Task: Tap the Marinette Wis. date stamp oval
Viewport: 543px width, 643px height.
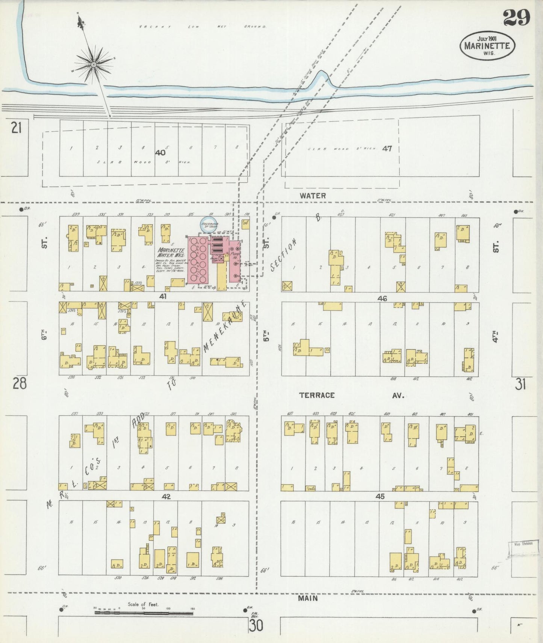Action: tap(487, 45)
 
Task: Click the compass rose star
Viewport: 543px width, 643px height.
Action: tap(93, 65)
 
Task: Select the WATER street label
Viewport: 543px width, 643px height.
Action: tap(313, 196)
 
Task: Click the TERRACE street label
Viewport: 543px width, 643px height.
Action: tap(317, 395)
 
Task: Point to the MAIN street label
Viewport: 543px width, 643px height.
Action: tap(307, 598)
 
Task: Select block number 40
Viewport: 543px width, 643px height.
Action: tap(160, 153)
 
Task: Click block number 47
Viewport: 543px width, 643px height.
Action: tap(387, 149)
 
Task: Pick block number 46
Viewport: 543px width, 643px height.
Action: tap(382, 298)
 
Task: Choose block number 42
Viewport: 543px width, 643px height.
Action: tap(166, 497)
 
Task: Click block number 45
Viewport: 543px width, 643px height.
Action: tap(380, 497)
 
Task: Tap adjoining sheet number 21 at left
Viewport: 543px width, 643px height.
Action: tap(16, 128)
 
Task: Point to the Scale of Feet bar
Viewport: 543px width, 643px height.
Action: tap(144, 613)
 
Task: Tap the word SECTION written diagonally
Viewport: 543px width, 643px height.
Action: tap(284, 255)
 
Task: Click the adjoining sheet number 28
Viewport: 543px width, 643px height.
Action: tap(20, 384)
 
